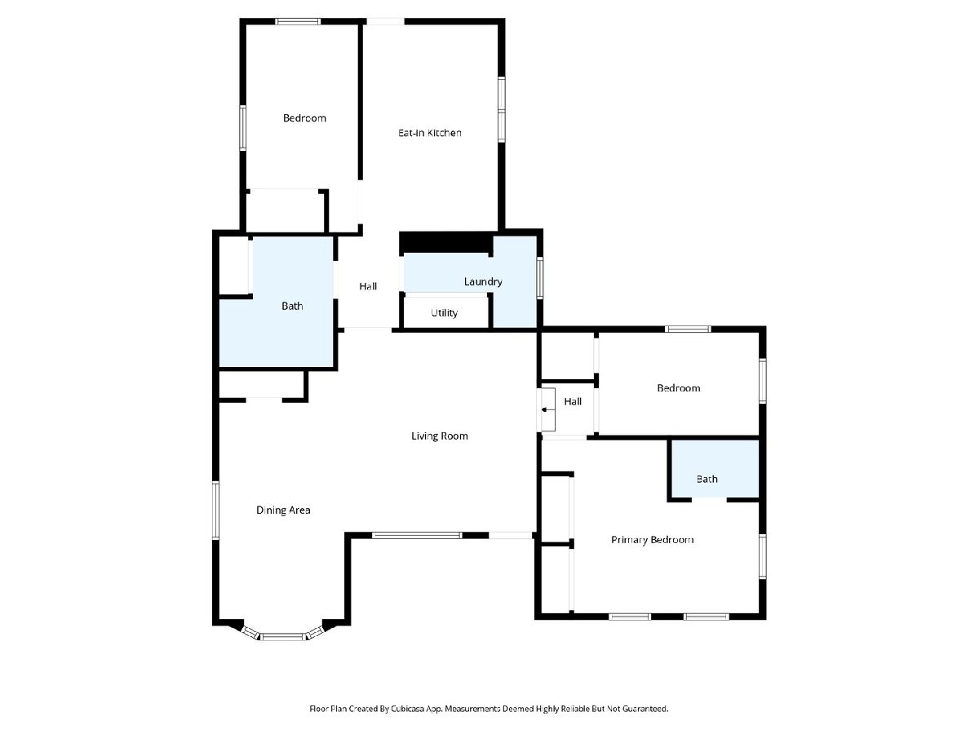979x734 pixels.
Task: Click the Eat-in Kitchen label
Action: [x=429, y=133]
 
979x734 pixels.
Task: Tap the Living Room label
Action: [x=439, y=436]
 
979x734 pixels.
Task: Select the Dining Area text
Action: [x=283, y=511]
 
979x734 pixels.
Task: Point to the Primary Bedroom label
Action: [x=652, y=540]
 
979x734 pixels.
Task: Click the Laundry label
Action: [x=483, y=281]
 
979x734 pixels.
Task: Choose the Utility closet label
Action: [x=445, y=313]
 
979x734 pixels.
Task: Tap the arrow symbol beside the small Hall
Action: [x=545, y=409]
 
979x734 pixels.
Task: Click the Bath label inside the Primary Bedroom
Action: [x=707, y=479]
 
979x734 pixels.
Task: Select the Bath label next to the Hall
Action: [x=292, y=306]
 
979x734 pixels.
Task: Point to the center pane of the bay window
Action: [x=283, y=637]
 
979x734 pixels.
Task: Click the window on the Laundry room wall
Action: [x=540, y=277]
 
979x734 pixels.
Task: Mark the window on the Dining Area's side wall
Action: [x=215, y=511]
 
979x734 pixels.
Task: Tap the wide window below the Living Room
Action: [x=417, y=535]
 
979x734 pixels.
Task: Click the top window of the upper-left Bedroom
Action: [x=298, y=21]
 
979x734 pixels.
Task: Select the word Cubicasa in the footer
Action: [x=408, y=709]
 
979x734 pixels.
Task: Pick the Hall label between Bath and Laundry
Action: [x=368, y=286]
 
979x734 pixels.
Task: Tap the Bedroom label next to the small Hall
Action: [x=679, y=388]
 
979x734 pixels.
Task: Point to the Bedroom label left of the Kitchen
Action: [x=304, y=118]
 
